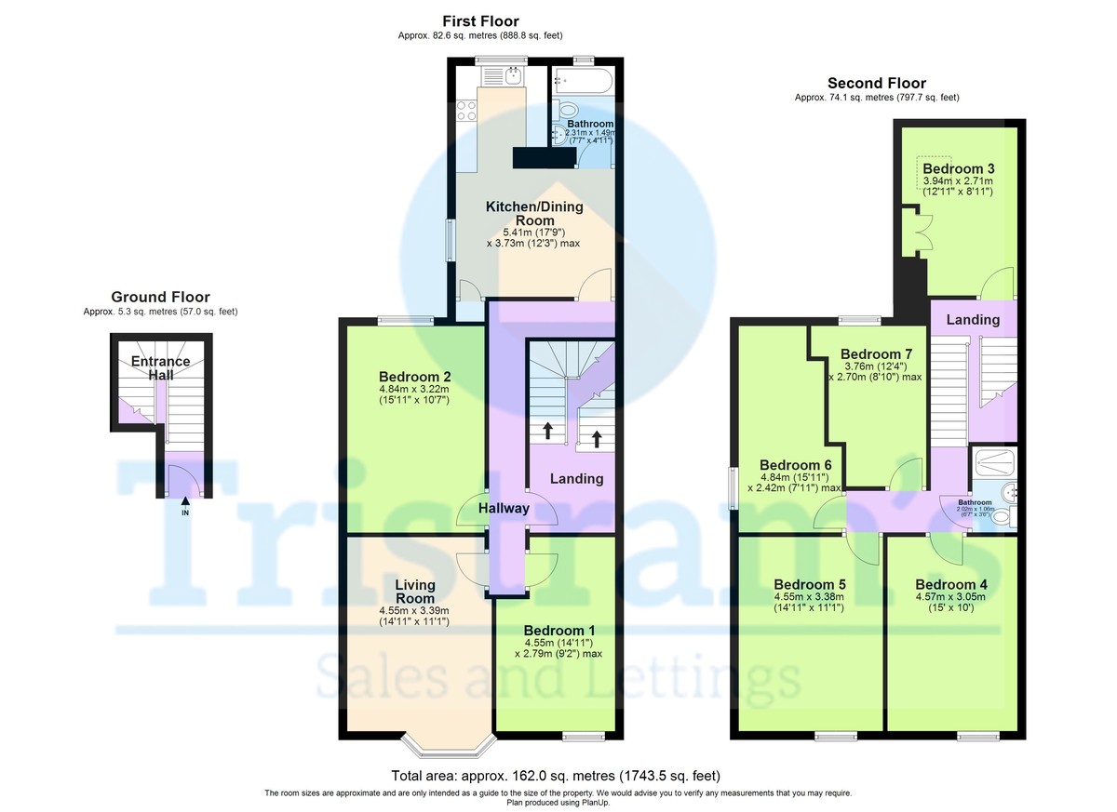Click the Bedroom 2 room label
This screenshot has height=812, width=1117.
(x=414, y=377)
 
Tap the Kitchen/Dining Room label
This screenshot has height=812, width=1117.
(x=534, y=214)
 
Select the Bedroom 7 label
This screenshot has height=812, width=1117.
(x=876, y=354)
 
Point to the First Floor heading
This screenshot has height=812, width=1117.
(x=480, y=20)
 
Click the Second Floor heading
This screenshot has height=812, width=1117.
(x=877, y=83)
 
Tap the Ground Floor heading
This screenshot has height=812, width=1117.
(x=160, y=297)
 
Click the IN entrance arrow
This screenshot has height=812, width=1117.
(x=185, y=501)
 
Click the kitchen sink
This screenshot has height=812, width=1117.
(x=504, y=75)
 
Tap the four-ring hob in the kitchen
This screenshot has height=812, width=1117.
(x=466, y=110)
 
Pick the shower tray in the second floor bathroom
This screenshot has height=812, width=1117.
(x=995, y=463)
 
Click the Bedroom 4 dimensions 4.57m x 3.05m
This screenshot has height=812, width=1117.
(x=950, y=596)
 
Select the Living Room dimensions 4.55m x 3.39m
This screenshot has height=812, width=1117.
(x=414, y=610)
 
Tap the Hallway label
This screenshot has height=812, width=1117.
(x=504, y=508)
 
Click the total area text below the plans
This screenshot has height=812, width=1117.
(x=556, y=776)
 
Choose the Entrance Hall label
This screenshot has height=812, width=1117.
(x=160, y=368)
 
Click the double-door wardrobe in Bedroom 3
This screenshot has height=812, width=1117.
(x=917, y=232)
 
